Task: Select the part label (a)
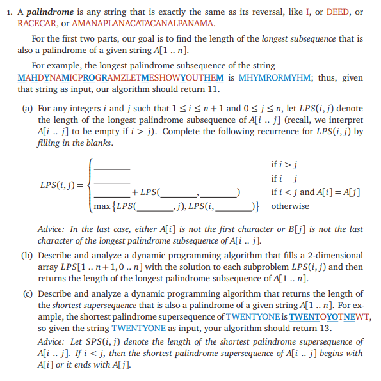point(28,108)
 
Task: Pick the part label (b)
point(28,255)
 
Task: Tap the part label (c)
point(28,294)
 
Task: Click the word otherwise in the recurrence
point(289,206)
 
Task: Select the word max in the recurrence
point(102,206)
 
